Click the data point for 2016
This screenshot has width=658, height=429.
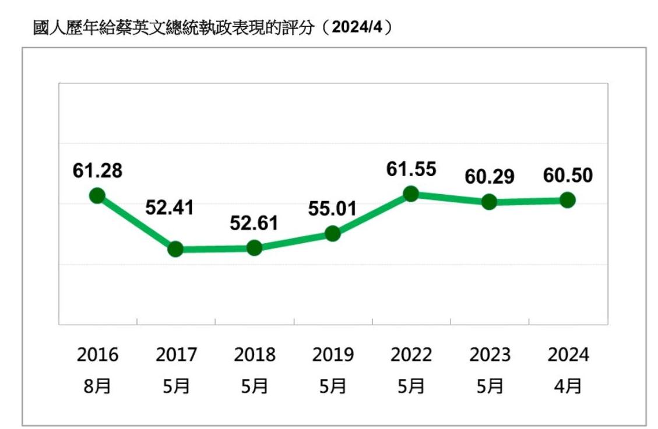coord(97,195)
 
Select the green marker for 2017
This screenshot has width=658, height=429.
coord(175,249)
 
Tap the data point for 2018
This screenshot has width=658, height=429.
coord(254,248)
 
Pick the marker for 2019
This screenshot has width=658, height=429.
coord(333,234)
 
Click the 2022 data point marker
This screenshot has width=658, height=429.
coord(411,194)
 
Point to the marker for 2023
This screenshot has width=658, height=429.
coord(490,202)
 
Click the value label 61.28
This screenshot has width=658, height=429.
coord(97,171)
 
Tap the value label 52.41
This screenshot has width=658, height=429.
coord(169,208)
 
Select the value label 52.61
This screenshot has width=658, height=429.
coord(254,223)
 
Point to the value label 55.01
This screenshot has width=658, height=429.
coord(330,208)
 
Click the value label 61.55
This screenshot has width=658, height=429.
coord(411,169)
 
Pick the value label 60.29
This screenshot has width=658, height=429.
coord(490,177)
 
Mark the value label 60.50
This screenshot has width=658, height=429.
coord(568,175)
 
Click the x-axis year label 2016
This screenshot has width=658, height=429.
coord(97,354)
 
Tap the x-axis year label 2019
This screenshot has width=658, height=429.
coord(333,354)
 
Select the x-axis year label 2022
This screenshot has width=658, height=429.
coord(411,354)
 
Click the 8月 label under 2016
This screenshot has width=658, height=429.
coord(97,386)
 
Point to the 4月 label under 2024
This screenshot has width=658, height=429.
coord(568,386)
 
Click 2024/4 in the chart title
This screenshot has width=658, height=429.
coord(357,27)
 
